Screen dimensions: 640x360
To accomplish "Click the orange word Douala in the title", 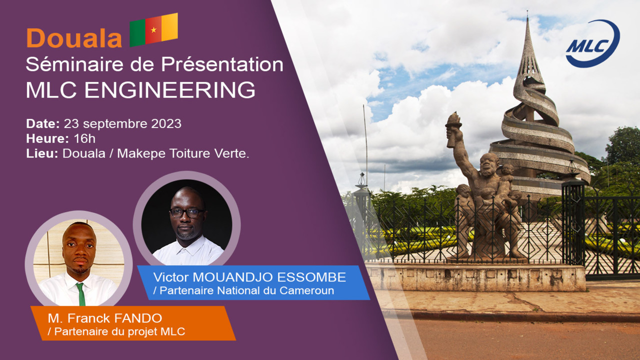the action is coord(74,38).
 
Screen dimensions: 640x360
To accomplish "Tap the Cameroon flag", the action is coord(153,29).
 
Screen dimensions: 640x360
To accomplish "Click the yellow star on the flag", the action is coord(153,29).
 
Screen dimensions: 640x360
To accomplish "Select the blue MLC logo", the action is coord(592,43).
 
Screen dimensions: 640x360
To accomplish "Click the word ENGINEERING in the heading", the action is coord(169,90).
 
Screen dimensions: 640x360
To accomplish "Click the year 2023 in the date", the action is coord(166,123).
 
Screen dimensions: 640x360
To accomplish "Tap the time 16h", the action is coord(84,138).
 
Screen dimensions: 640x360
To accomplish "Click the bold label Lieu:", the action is coord(42,153).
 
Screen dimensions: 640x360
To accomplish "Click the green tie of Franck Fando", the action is coord(81,294).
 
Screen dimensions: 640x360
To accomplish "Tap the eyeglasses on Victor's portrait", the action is coord(187,213).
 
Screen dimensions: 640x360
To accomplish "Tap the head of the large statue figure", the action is coord(489,164).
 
